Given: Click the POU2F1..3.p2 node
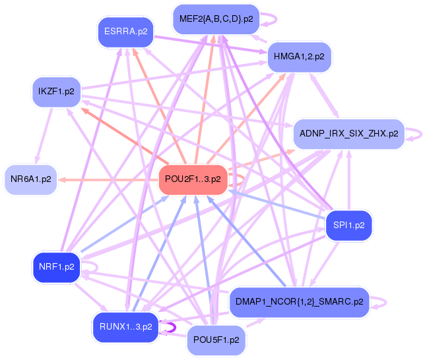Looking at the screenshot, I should (x=193, y=179).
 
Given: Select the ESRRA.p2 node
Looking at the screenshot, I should (x=125, y=32).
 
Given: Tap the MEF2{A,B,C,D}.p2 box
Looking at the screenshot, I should (x=216, y=19).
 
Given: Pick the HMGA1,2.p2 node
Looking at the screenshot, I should (x=299, y=57).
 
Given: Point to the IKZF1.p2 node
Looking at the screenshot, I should (x=56, y=92).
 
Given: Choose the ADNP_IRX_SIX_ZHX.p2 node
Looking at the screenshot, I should (x=348, y=134).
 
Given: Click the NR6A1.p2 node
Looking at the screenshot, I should (x=31, y=179).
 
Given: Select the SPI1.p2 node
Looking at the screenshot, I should (x=349, y=225).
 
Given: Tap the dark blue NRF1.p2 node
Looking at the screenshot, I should (x=56, y=268).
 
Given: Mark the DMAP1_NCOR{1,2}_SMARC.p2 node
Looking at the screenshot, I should (x=299, y=303).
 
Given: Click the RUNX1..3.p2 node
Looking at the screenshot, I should (x=125, y=326).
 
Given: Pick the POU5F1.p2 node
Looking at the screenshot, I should (x=216, y=340).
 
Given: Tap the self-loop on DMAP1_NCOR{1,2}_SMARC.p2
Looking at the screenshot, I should (x=379, y=303).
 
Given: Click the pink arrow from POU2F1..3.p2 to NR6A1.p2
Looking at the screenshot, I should (x=106, y=179).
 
